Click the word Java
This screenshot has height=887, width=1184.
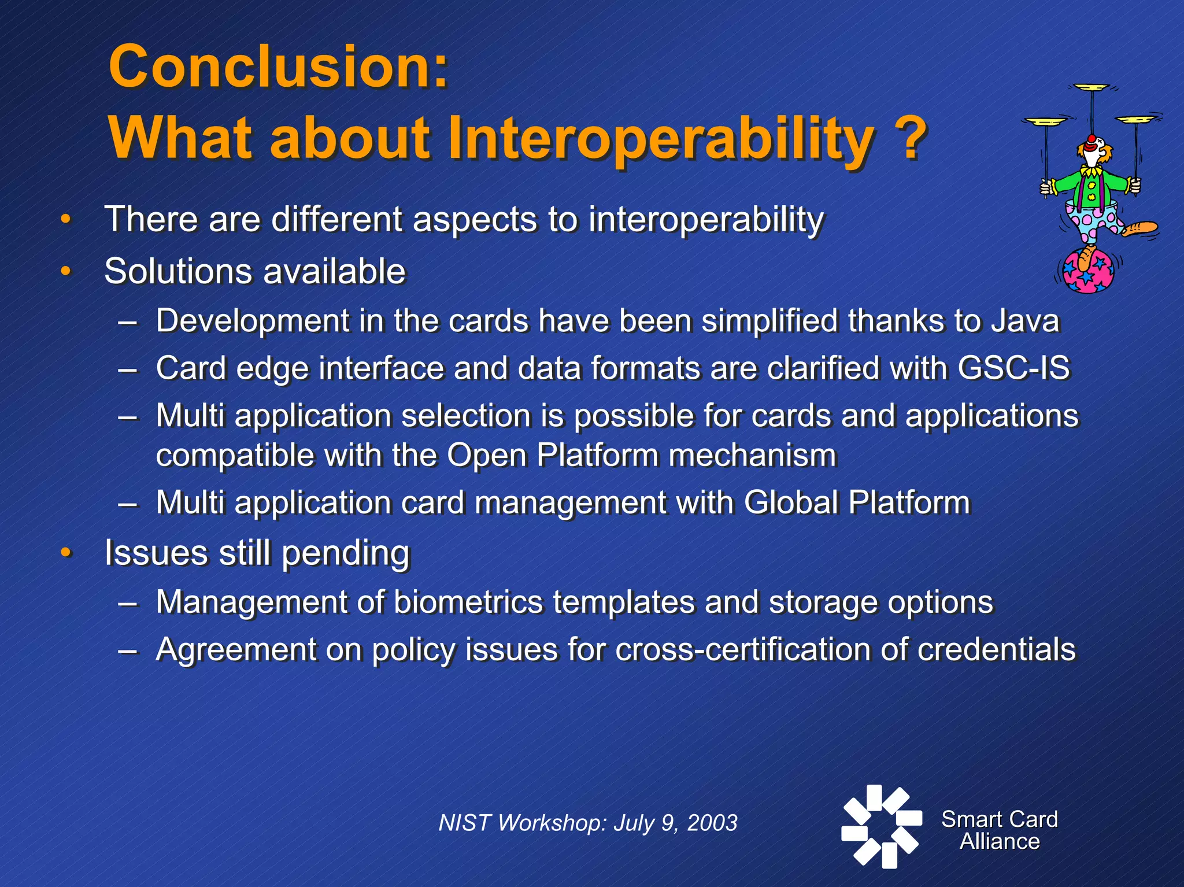[1024, 321]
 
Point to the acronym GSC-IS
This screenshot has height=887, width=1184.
[1013, 368]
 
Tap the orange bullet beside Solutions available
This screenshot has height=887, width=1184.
[66, 271]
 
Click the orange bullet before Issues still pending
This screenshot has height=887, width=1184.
[66, 552]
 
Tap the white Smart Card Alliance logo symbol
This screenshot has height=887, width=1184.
[880, 826]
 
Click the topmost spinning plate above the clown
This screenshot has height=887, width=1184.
[1091, 88]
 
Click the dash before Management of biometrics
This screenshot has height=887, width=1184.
[128, 603]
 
